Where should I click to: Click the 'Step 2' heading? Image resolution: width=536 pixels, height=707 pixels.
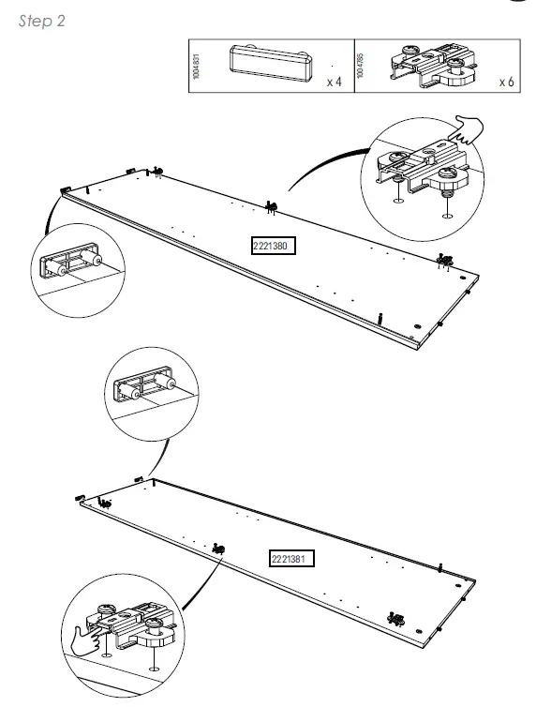point(42,22)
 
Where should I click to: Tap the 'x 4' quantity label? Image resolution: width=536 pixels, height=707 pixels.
point(334,83)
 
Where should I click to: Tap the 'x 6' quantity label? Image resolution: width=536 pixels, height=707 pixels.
point(506,83)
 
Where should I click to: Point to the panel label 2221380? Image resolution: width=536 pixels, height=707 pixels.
point(274,247)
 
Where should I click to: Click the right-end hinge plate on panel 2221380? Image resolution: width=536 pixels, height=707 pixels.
point(443,259)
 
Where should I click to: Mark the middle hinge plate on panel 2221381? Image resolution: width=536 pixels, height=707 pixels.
point(218,548)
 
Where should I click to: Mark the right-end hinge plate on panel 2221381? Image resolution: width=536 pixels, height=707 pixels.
point(395,619)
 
